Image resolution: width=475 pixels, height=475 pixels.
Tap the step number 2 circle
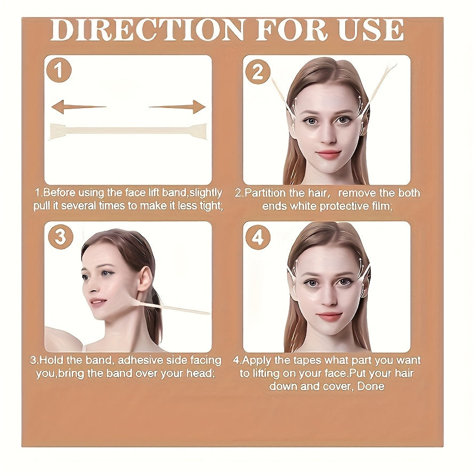258,72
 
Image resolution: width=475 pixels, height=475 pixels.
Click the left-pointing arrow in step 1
78,107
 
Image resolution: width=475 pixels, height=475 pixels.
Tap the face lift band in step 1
128,131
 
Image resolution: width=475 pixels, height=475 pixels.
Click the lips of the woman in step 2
328,154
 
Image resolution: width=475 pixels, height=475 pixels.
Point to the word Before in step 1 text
60,193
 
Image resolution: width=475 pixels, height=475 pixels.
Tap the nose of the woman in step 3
86,291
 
